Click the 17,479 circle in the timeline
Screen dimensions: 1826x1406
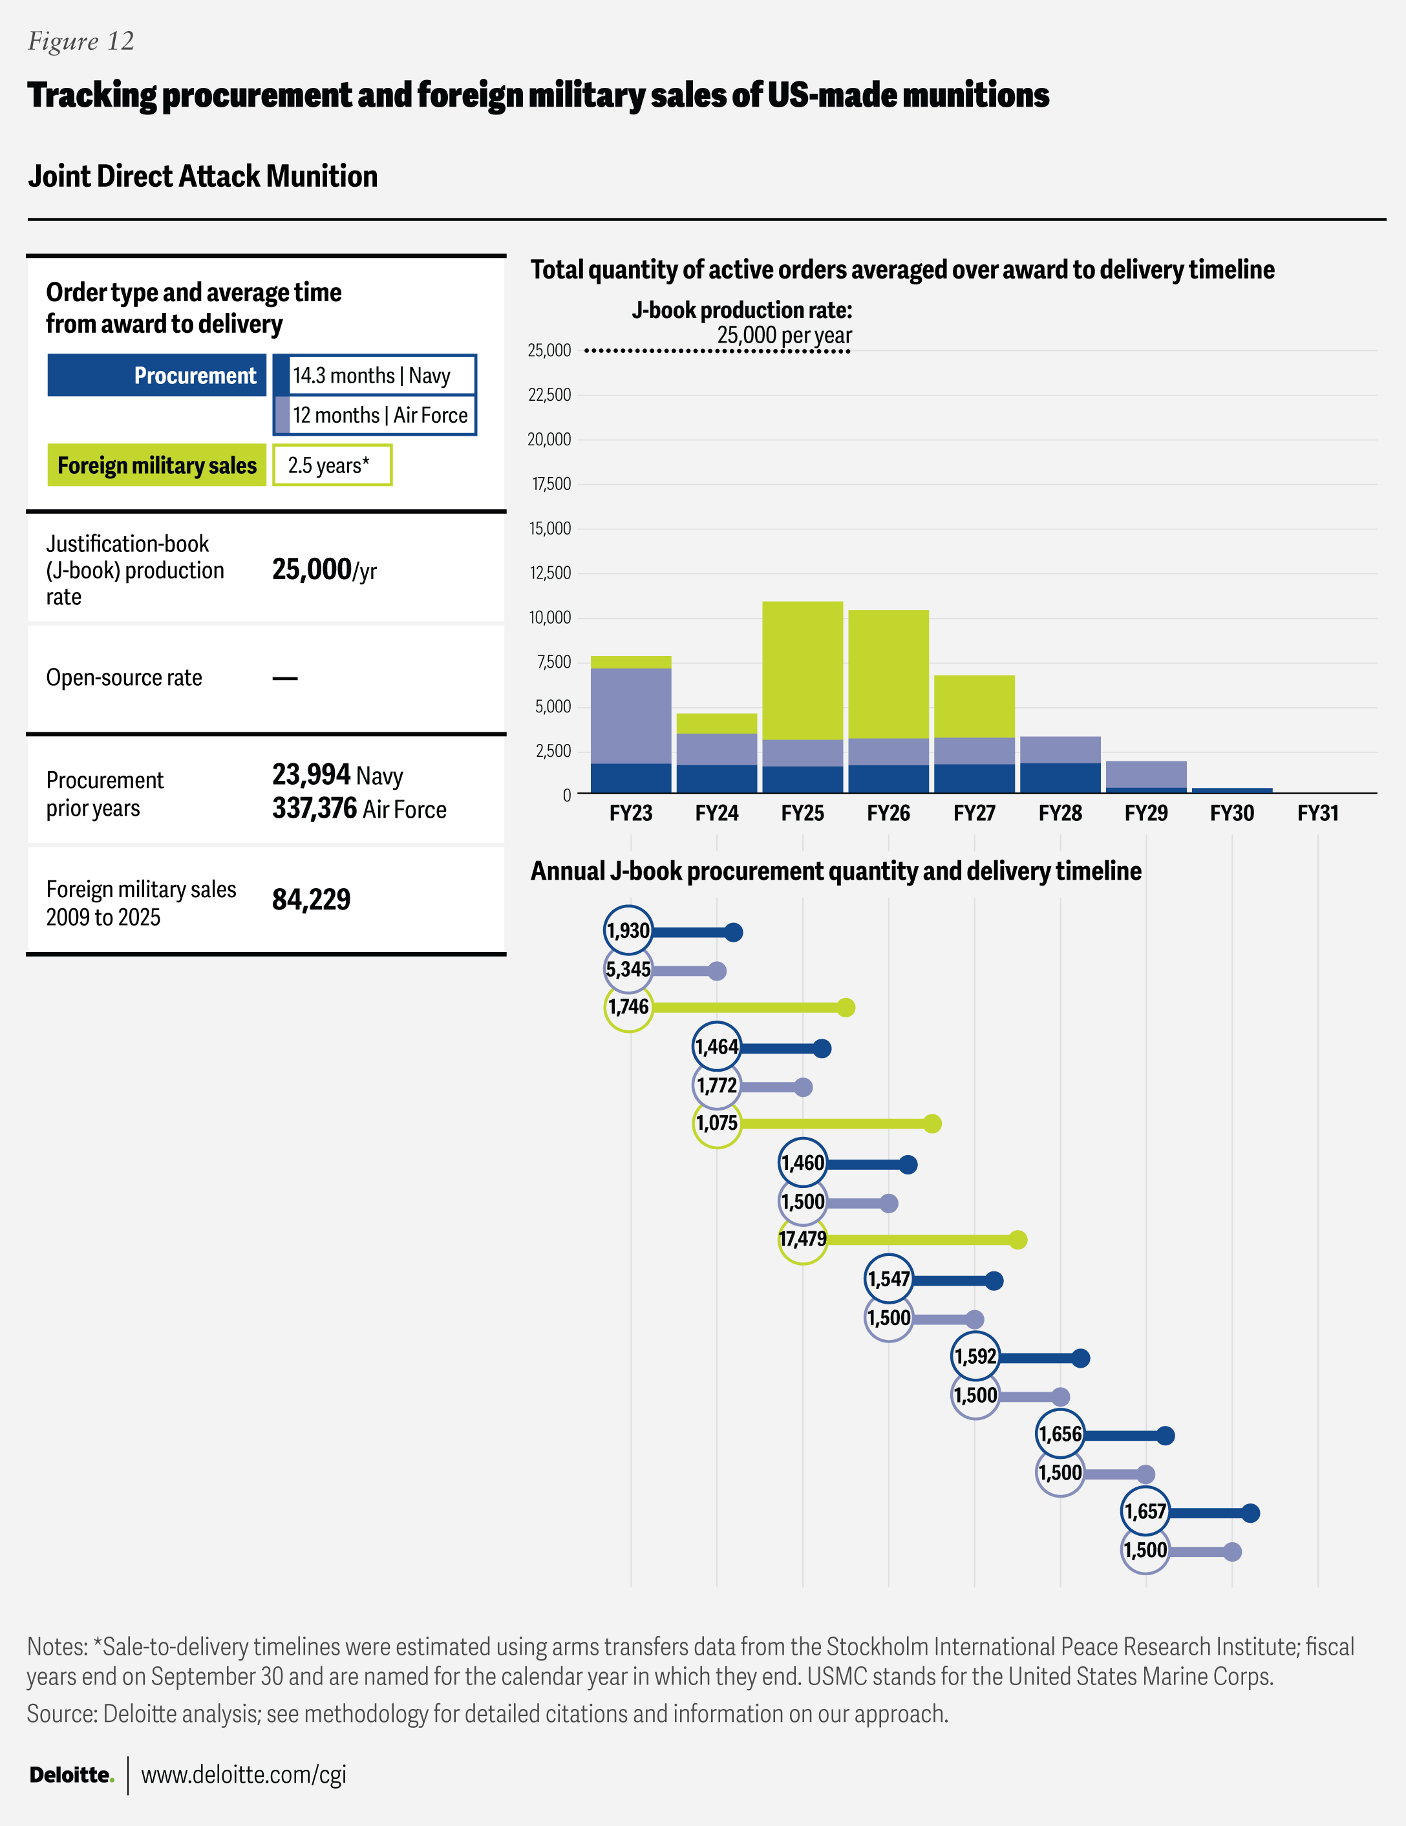tap(802, 1239)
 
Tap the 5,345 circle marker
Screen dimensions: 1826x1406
tap(628, 970)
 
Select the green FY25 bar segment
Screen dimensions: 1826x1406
tap(802, 670)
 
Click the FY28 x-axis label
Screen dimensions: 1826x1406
tap(1060, 812)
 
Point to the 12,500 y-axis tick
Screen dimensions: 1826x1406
tap(549, 573)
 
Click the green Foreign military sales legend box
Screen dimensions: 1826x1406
tap(156, 465)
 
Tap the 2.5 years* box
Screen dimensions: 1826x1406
tap(332, 465)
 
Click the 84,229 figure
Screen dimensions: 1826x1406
tap(311, 900)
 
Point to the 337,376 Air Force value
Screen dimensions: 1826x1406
tap(359, 809)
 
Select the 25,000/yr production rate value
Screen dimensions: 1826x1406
tap(325, 570)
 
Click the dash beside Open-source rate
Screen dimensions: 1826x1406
tap(285, 678)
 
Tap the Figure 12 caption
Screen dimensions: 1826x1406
tap(81, 41)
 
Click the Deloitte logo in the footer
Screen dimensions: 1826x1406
tap(71, 1774)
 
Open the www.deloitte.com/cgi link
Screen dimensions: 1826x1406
tap(244, 1774)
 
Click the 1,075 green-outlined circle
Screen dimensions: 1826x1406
tap(717, 1123)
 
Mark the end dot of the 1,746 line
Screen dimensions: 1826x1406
tap(846, 1008)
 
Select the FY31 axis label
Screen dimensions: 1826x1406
tap(1317, 812)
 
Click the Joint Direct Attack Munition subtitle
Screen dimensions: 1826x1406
tap(202, 176)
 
